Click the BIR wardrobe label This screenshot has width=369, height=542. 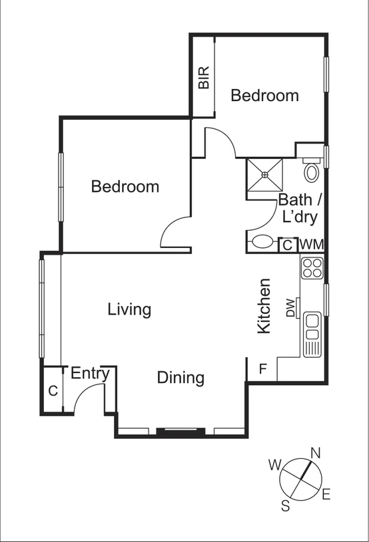[x=204, y=77]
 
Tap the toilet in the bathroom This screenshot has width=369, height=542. [x=311, y=172]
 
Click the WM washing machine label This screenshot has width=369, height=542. [x=311, y=245]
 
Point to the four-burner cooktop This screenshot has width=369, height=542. [x=312, y=267]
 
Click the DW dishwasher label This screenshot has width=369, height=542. [x=290, y=309]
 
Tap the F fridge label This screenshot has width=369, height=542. [x=263, y=368]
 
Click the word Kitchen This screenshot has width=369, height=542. [x=264, y=306]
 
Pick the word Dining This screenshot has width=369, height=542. [x=181, y=378]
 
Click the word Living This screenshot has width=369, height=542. [x=129, y=309]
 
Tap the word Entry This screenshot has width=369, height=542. [x=90, y=373]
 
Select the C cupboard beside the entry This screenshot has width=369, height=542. [x=53, y=391]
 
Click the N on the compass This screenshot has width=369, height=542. [x=316, y=453]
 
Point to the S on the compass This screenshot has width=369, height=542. [x=285, y=506]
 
